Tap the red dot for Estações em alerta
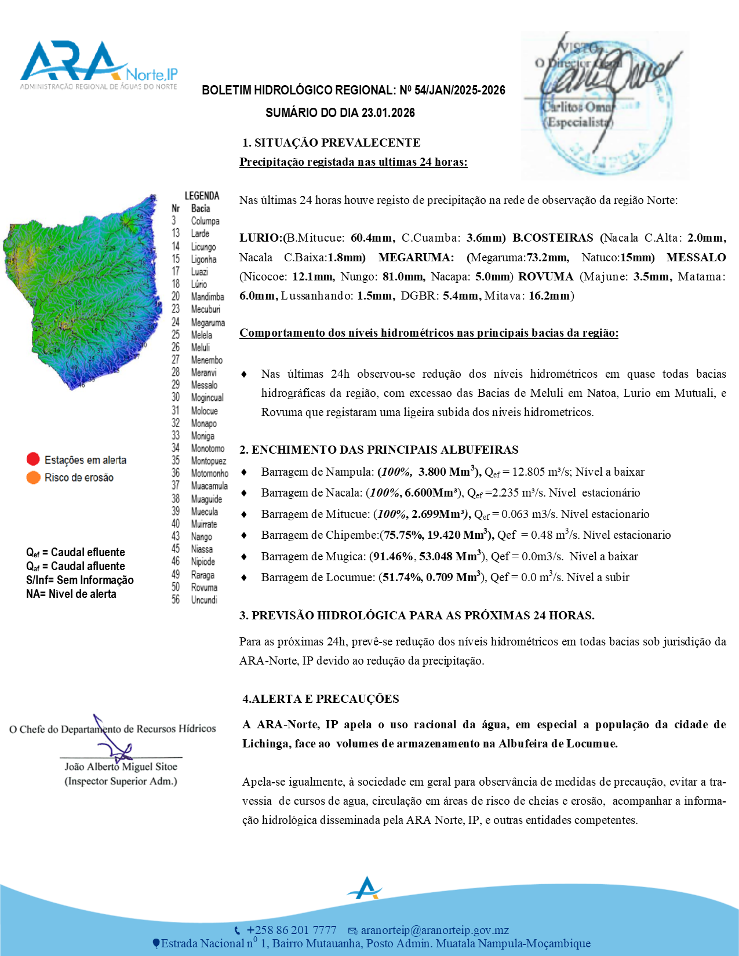click(33, 459)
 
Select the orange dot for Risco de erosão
click(33, 477)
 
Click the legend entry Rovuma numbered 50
click(204, 587)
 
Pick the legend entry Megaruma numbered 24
click(207, 323)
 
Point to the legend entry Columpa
click(205, 221)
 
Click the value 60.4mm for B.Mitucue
click(372, 238)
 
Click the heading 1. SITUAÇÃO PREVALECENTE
click(331, 143)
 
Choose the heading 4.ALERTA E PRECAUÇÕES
click(321, 699)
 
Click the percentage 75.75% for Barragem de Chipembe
click(402, 535)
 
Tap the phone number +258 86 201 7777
click(292, 930)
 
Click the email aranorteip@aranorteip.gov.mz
click(435, 930)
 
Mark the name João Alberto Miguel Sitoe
click(121, 767)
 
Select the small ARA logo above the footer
click(365, 888)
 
